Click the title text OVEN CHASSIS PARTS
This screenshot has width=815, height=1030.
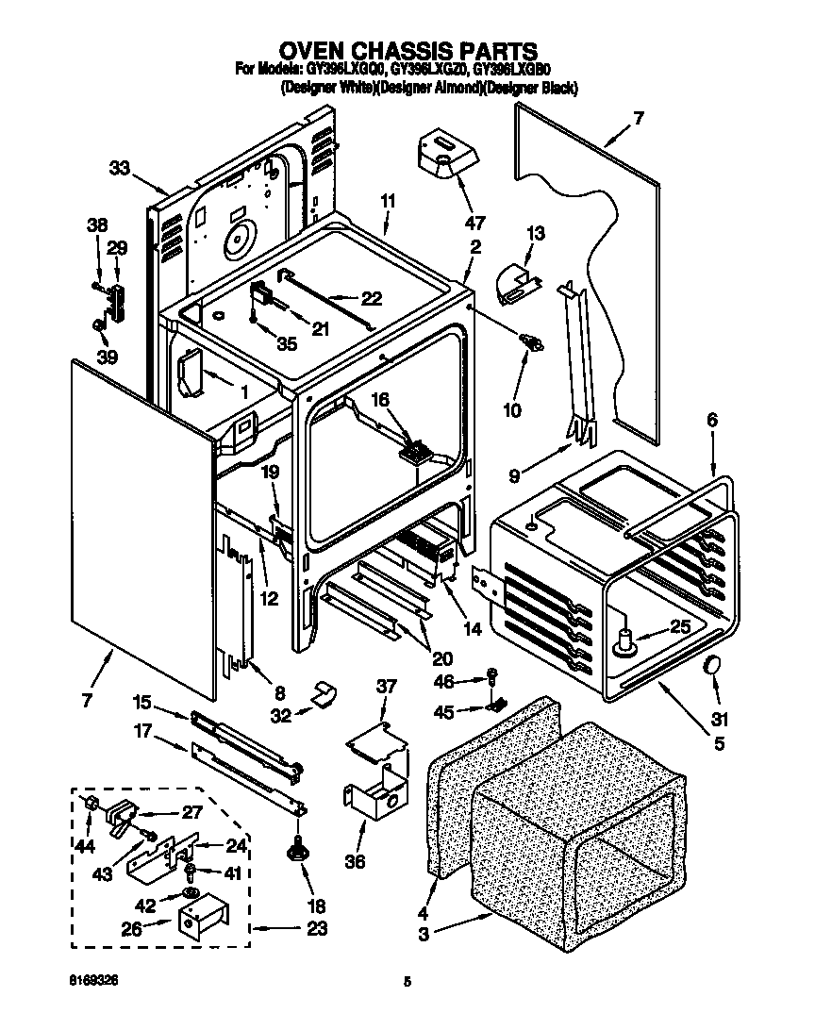pyautogui.click(x=407, y=50)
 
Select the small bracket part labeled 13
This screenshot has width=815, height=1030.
pyautogui.click(x=515, y=284)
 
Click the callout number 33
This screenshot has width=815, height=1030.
pyautogui.click(x=119, y=168)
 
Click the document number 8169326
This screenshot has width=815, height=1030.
pyautogui.click(x=91, y=981)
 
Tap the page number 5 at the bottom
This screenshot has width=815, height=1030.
pyautogui.click(x=407, y=982)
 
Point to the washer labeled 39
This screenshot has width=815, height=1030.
pyautogui.click(x=98, y=325)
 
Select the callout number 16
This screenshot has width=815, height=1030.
pyautogui.click(x=378, y=401)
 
